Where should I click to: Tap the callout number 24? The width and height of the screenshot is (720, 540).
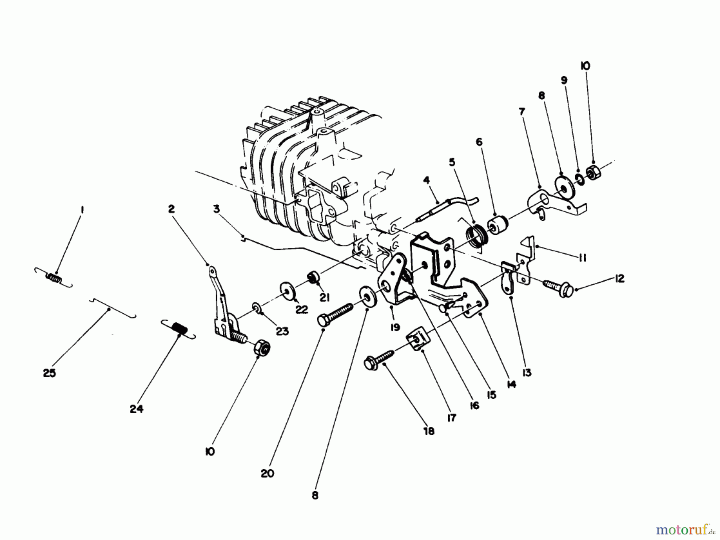[136, 409]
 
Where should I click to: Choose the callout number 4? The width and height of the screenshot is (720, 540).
[426, 180]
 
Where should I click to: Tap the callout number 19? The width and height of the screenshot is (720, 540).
[395, 327]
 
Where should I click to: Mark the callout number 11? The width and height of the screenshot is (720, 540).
[582, 258]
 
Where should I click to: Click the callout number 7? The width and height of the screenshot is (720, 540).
[522, 112]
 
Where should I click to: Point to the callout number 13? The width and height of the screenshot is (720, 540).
[527, 373]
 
